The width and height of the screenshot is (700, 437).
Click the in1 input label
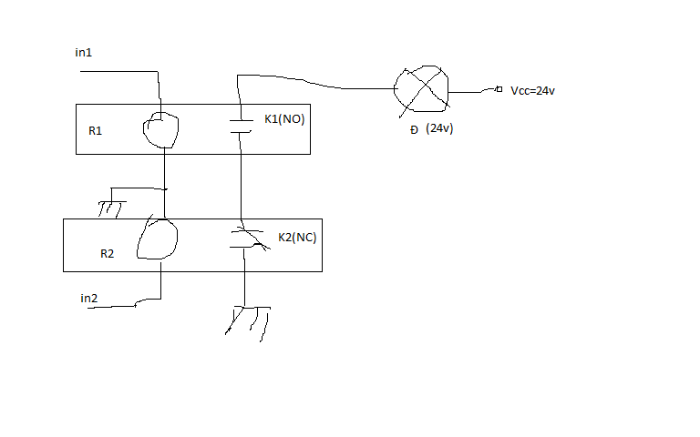coord(84,53)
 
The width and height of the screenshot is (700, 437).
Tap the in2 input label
coord(88,299)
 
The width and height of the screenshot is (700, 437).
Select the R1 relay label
coord(95,131)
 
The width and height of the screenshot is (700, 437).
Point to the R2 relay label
coord(108,254)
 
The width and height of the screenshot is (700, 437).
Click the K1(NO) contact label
coord(284,119)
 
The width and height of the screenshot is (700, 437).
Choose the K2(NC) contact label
coord(297,238)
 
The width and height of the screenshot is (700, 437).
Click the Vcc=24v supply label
coord(532,91)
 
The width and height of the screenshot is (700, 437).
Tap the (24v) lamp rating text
coord(439,128)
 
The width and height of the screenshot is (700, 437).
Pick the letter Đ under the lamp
coord(414,130)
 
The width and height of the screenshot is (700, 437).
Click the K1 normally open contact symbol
coord(241,127)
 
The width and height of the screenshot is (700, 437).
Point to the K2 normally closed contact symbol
coord(248,239)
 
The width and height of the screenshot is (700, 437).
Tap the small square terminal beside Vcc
coord(499,89)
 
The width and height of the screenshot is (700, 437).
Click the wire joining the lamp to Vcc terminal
coord(472,92)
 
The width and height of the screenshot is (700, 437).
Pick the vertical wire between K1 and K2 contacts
coord(241,176)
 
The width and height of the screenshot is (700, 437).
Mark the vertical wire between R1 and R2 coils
coord(165,183)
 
